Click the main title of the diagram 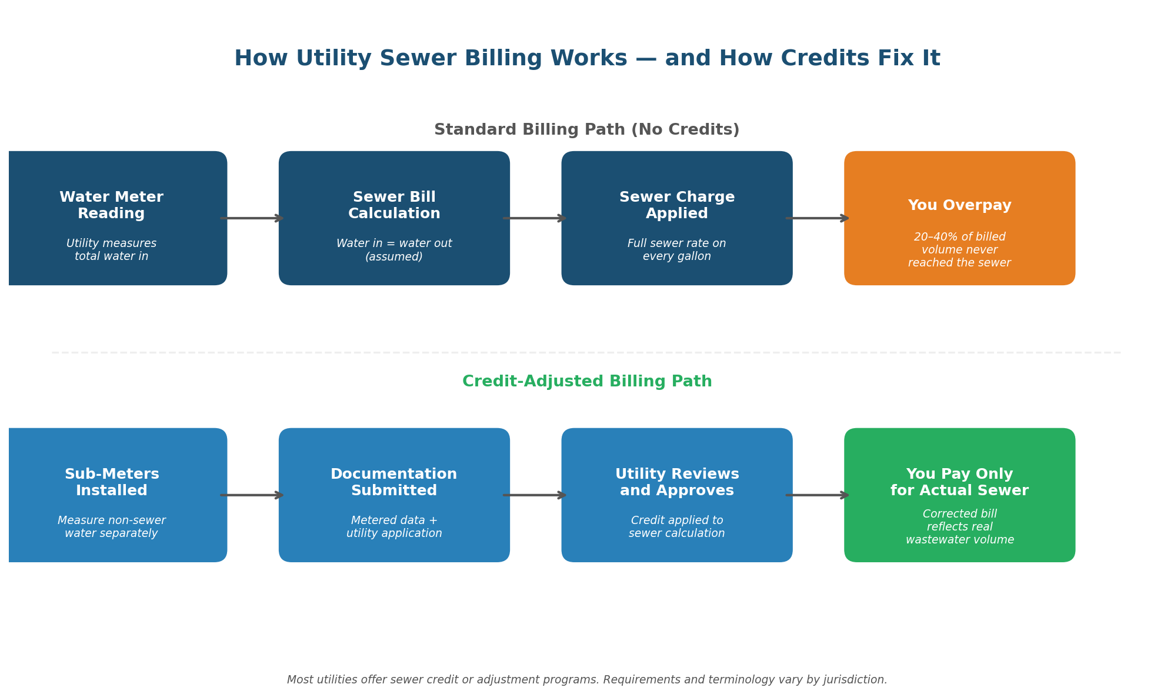point(587,59)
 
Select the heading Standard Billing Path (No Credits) point(587,130)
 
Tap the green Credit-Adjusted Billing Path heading point(587,382)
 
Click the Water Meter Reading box point(112,218)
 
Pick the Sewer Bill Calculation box point(394,218)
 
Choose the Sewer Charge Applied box point(677,218)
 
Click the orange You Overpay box point(959,218)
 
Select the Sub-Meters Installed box point(112,495)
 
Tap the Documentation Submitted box point(394,495)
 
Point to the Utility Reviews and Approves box point(677,495)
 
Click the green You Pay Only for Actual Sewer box point(959,495)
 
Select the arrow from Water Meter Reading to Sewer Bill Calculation point(252,218)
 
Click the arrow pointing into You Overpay point(818,218)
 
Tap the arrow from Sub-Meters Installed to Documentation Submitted point(252,495)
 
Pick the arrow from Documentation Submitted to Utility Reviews point(535,495)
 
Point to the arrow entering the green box point(818,495)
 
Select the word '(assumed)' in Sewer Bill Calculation point(394,257)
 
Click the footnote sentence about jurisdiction point(587,680)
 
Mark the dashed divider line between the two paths point(587,353)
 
